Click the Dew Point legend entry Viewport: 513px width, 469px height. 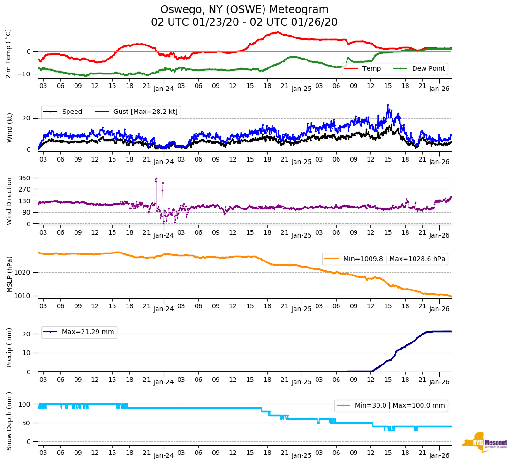(429, 69)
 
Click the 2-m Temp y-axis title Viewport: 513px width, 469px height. (8, 53)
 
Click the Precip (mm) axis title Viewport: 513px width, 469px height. (9, 347)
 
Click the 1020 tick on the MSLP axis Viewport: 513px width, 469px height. (23, 272)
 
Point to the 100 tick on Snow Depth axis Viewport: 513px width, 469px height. (24, 404)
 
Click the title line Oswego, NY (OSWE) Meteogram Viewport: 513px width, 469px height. (244, 10)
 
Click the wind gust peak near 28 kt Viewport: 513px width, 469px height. (388, 105)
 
